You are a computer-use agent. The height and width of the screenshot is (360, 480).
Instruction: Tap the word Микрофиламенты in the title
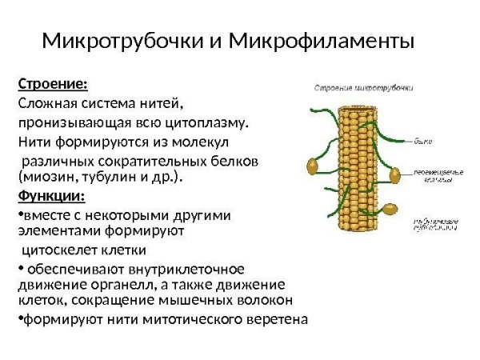[x=322, y=40]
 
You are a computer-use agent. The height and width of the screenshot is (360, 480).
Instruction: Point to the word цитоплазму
[x=206, y=124]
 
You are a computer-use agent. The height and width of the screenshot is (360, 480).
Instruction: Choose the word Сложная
[x=45, y=105]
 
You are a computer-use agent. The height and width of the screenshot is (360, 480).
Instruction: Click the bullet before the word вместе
[x=19, y=215]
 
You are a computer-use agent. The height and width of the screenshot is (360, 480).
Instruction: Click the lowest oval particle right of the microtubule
[x=391, y=211]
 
